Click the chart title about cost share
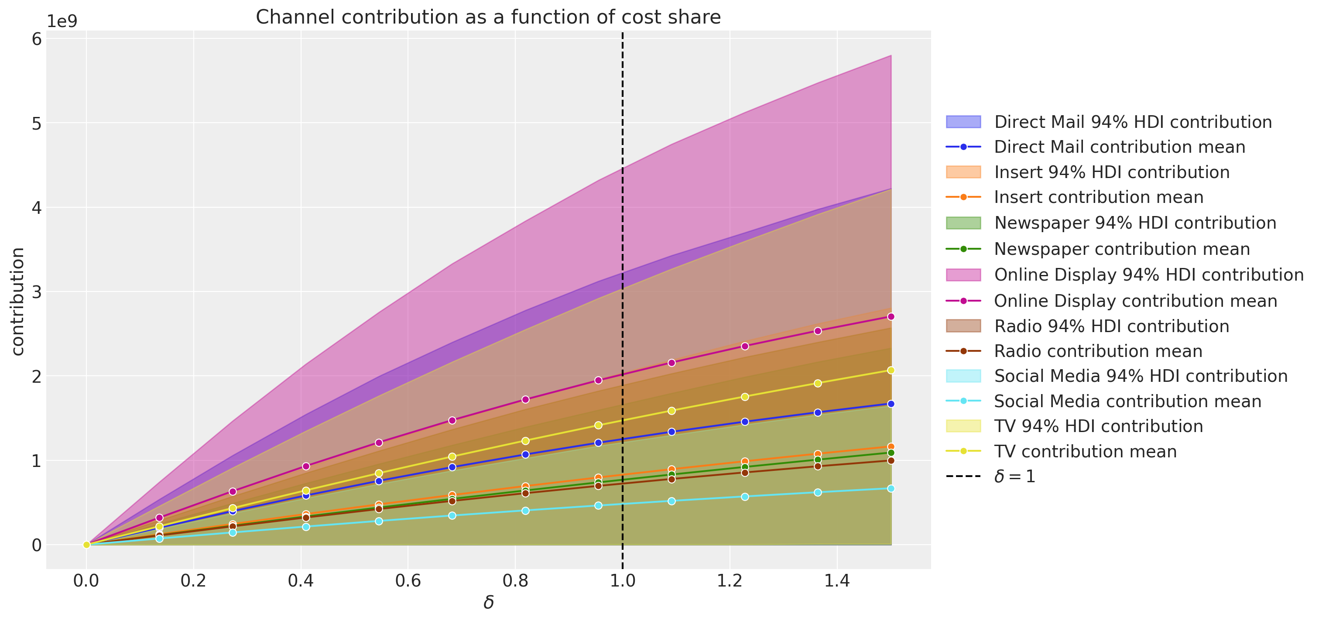click(x=488, y=17)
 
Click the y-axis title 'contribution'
click(x=18, y=302)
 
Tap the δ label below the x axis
click(x=488, y=603)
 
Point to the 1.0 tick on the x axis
click(x=622, y=581)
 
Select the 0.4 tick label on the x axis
click(x=301, y=581)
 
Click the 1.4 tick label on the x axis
click(x=837, y=581)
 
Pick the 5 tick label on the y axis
click(x=36, y=124)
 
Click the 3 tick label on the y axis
click(x=36, y=292)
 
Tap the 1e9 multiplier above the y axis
click(x=62, y=21)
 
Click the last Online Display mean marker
click(x=891, y=317)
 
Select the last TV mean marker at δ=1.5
click(x=891, y=370)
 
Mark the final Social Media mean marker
click(x=891, y=488)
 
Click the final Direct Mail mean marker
click(x=891, y=404)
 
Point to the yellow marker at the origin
click(x=86, y=545)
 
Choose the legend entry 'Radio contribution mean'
click(x=1098, y=351)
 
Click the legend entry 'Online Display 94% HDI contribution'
click(x=1148, y=275)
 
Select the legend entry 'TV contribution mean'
click(x=1085, y=452)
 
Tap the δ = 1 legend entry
click(x=1014, y=477)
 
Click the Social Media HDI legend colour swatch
click(x=963, y=376)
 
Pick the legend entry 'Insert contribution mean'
click(x=1098, y=197)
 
